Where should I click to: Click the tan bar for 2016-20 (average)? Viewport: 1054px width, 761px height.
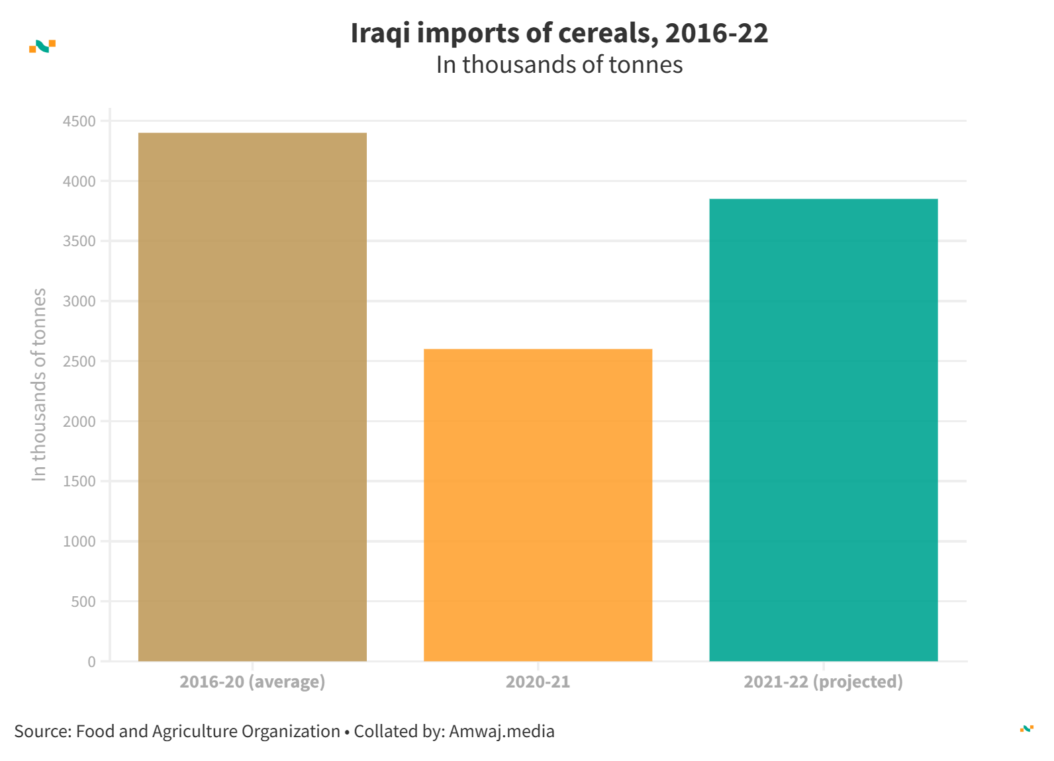(x=252, y=397)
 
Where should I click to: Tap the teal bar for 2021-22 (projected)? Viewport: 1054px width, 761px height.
(x=823, y=430)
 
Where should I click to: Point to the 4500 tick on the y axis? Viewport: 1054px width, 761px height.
(x=79, y=121)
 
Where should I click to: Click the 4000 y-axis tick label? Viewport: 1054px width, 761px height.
(x=79, y=181)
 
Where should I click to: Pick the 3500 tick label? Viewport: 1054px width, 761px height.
(x=79, y=242)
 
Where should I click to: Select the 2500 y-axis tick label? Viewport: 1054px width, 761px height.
(x=79, y=362)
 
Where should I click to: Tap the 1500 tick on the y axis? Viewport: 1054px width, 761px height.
(x=79, y=482)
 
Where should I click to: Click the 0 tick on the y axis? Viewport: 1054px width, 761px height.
(x=91, y=662)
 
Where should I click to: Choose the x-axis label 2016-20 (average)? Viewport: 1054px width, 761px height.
(x=252, y=682)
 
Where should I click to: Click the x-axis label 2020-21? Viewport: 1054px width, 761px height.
(x=538, y=682)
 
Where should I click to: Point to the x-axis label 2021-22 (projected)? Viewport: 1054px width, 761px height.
(x=823, y=682)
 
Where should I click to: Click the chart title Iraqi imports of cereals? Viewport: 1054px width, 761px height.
(x=559, y=33)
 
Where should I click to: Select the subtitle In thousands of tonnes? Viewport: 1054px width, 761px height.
(x=559, y=65)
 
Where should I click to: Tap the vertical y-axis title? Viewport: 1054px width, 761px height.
(x=39, y=384)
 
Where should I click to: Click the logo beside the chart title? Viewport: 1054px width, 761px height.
(x=42, y=46)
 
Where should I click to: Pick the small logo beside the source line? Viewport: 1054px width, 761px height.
(x=1026, y=729)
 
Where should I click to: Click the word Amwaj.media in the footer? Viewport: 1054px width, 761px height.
(x=501, y=731)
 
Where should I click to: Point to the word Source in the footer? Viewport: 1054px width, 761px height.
(x=41, y=731)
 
